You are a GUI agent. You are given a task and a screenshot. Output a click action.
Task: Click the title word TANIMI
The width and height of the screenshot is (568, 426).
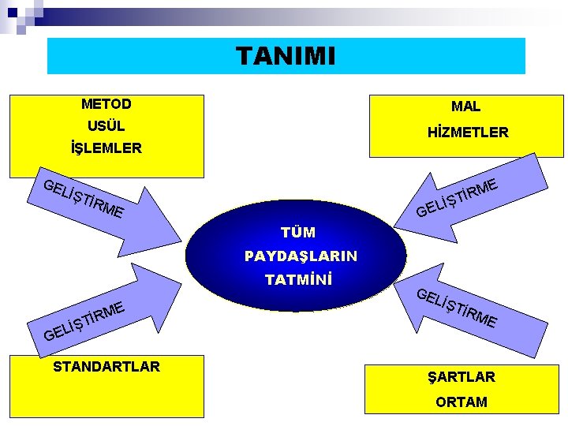pyautogui.click(x=286, y=56)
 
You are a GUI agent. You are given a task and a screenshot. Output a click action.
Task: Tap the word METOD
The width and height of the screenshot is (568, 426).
pyautogui.click(x=106, y=103)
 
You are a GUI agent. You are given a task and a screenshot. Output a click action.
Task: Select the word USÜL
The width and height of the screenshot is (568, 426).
pyautogui.click(x=106, y=125)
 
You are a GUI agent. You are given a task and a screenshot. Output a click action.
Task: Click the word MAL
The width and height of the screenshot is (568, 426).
pyautogui.click(x=465, y=106)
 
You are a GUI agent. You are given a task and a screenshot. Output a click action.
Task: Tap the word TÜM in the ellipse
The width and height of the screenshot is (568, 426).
pyautogui.click(x=298, y=232)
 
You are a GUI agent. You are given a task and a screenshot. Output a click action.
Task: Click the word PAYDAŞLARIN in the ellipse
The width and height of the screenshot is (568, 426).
pyautogui.click(x=301, y=256)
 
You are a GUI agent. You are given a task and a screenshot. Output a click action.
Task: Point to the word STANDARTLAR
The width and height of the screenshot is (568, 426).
pyautogui.click(x=106, y=366)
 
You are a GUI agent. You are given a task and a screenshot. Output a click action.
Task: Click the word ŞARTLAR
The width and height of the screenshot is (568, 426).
pyautogui.click(x=461, y=376)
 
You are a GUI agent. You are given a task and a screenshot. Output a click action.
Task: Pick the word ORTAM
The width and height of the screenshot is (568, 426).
pyautogui.click(x=461, y=402)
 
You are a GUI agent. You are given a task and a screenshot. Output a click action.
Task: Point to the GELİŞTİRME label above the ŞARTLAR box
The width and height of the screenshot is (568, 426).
pyautogui.click(x=456, y=308)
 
